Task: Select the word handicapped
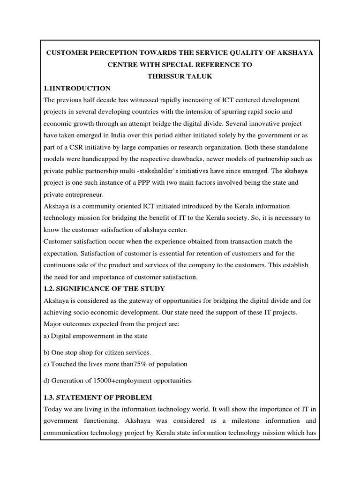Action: tap(108, 159)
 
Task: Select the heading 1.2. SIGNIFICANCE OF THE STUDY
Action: tap(104, 288)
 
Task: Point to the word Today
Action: tap(52, 410)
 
